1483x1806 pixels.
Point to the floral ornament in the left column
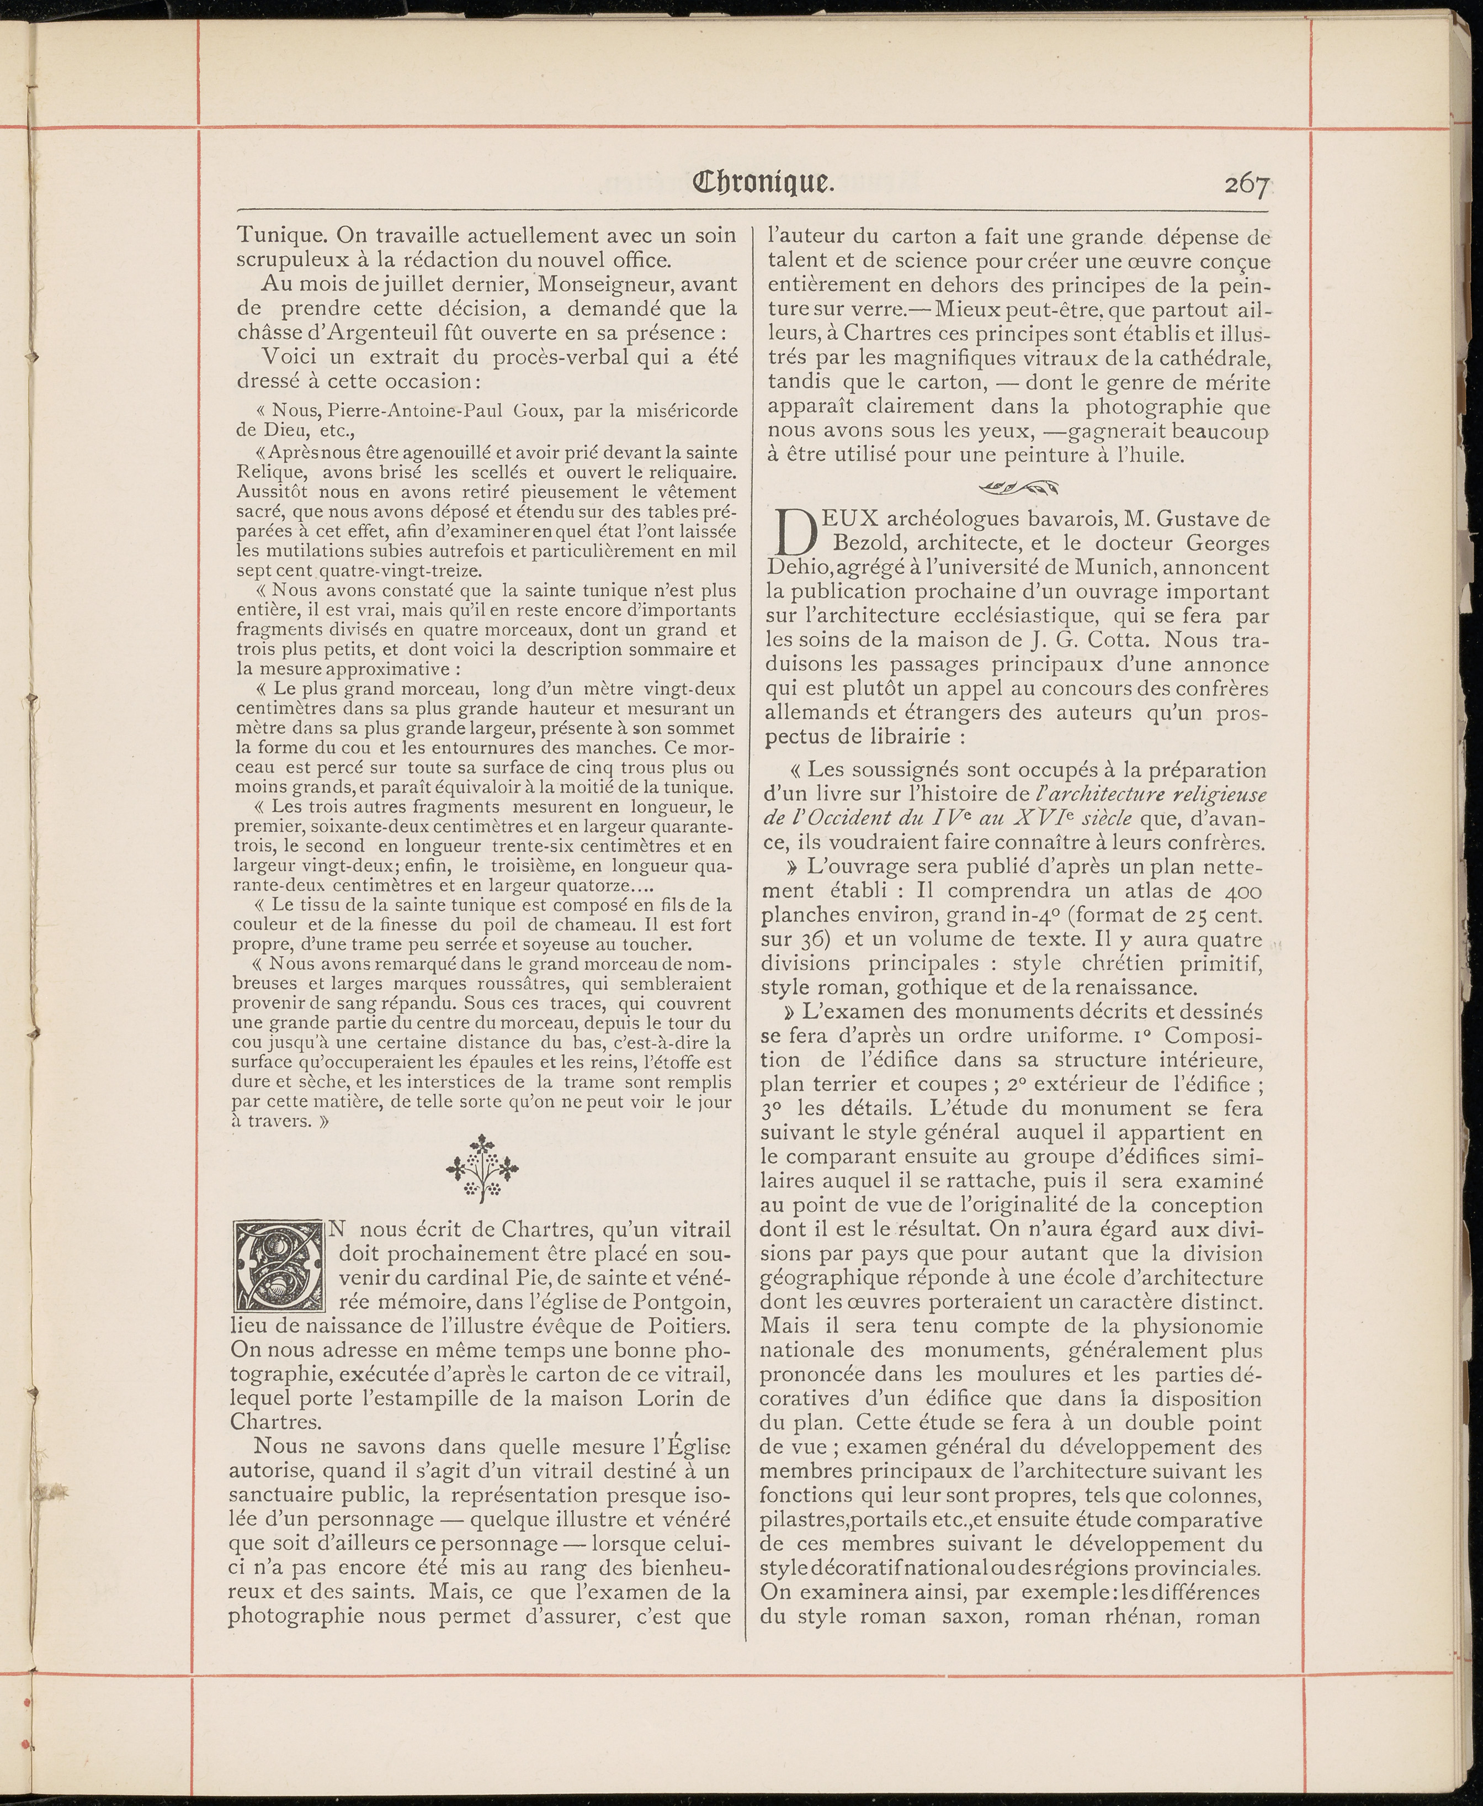pyautogui.click(x=483, y=1166)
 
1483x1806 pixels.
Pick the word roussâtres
pyautogui.click(x=517, y=984)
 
